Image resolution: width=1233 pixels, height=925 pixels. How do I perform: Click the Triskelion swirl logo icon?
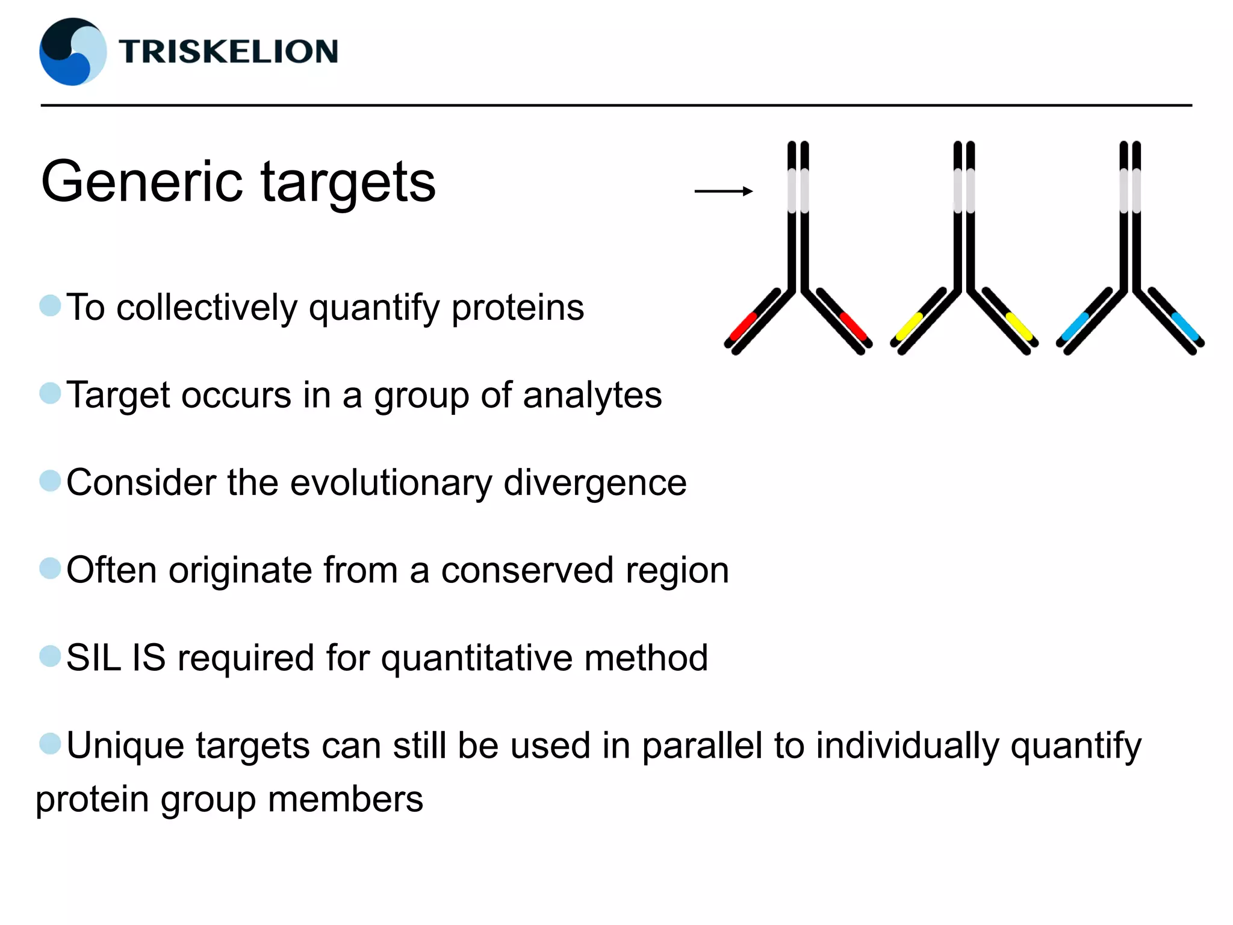point(73,52)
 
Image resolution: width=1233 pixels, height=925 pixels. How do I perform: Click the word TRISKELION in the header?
point(228,51)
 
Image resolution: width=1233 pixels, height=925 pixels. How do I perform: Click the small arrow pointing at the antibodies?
point(723,191)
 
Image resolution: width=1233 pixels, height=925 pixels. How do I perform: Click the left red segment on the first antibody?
point(742,326)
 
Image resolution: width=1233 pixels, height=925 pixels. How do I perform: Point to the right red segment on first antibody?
point(853,326)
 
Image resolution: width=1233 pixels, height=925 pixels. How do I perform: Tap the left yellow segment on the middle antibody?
point(909,326)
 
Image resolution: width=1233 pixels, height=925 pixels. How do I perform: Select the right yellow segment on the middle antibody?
point(1019,326)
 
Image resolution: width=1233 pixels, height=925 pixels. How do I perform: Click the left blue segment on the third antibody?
point(1075,326)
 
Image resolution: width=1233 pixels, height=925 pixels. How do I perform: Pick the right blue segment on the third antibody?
point(1185,326)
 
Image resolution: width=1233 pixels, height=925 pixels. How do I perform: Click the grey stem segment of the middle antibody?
point(964,190)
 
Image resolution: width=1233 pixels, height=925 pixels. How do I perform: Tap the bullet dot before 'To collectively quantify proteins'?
point(50,305)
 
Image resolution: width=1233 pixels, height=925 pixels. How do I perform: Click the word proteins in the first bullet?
point(517,308)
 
